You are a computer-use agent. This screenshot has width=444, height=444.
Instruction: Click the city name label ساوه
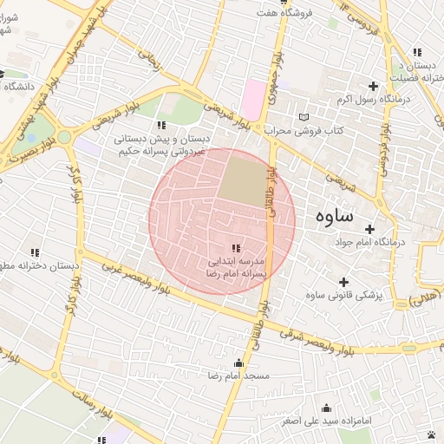[333, 214]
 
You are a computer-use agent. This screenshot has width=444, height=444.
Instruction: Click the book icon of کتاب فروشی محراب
[303, 117]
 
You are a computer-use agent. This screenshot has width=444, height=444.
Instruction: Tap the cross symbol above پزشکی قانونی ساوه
[344, 282]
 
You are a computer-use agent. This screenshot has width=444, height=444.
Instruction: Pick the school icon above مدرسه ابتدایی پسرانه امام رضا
[237, 249]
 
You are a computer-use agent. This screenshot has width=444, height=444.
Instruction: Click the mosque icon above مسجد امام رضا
[238, 362]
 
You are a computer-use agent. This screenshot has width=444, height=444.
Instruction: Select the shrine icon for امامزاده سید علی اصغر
[327, 408]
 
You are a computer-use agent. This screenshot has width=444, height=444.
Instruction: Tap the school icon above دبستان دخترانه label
[35, 252]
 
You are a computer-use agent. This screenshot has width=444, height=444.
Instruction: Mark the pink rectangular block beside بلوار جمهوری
[256, 101]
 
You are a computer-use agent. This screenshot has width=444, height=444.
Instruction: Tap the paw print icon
[432, 433]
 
